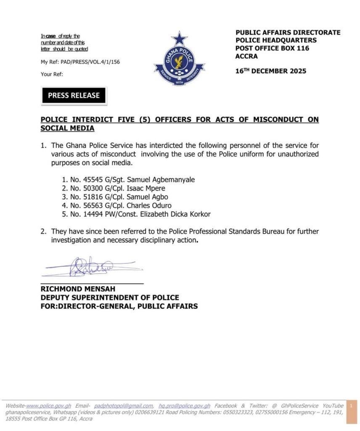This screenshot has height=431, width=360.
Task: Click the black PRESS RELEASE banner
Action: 74,96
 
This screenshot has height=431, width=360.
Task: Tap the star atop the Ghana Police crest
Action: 179,39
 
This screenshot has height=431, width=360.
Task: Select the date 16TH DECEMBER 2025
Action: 271,71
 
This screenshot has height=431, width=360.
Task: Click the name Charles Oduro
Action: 151,205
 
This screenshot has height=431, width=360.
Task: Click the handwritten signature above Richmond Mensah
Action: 90,267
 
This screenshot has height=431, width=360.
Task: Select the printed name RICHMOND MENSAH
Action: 78,289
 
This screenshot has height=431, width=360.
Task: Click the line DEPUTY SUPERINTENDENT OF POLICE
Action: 110,298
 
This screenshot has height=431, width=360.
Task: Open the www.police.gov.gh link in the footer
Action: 49,405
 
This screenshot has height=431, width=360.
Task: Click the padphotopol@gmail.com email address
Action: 124,405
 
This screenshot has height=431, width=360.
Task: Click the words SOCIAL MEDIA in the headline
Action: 67,128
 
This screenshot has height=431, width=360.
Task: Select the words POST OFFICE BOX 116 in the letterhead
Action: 272,48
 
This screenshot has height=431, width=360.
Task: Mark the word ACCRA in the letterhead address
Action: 246,56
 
